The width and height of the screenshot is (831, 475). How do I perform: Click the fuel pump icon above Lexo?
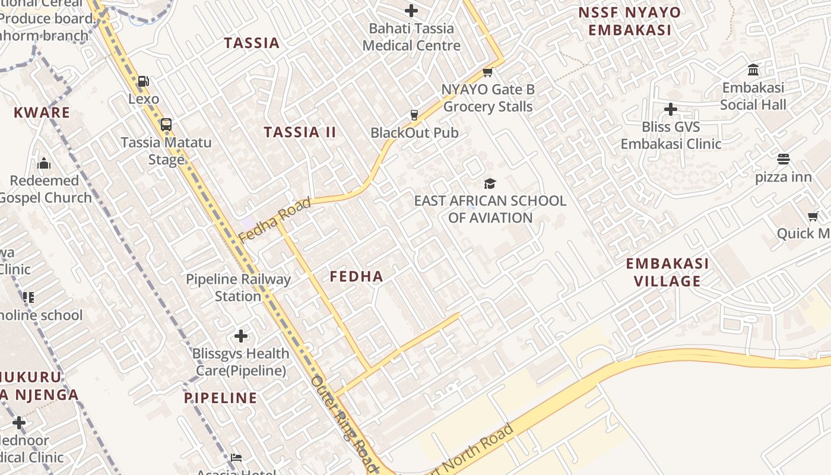pyautogui.click(x=143, y=81)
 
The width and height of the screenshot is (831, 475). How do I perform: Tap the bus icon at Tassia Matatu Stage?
pyautogui.click(x=166, y=125)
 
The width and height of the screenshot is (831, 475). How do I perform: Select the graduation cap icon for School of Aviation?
pyautogui.click(x=490, y=183)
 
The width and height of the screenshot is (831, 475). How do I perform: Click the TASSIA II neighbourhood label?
pyautogui.click(x=300, y=132)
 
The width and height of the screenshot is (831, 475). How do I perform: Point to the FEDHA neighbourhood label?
pyautogui.click(x=356, y=276)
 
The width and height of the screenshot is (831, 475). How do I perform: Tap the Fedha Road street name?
pyautogui.click(x=274, y=220)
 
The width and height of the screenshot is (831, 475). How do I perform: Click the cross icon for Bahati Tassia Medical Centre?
pyautogui.click(x=411, y=11)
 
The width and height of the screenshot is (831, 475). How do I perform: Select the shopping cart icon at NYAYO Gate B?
pyautogui.click(x=488, y=72)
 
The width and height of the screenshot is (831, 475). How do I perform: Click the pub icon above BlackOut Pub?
pyautogui.click(x=414, y=115)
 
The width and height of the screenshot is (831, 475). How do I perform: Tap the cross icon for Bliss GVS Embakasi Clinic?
pyautogui.click(x=671, y=109)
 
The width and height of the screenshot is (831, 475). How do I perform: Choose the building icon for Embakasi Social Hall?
pyautogui.click(x=754, y=70)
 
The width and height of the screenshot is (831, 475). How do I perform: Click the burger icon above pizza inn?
pyautogui.click(x=784, y=159)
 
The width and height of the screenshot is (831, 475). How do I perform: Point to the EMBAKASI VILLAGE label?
pyautogui.click(x=667, y=272)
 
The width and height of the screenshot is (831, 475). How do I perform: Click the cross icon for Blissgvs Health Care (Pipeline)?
pyautogui.click(x=240, y=336)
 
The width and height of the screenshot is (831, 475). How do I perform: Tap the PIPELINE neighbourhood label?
pyautogui.click(x=220, y=398)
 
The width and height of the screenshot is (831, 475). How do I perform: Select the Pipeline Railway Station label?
pyautogui.click(x=238, y=287)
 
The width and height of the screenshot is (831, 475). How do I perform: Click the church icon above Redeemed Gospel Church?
pyautogui.click(x=44, y=163)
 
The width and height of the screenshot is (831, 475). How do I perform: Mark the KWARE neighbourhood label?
pyautogui.click(x=42, y=112)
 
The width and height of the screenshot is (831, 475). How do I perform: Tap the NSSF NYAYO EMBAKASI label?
pyautogui.click(x=629, y=21)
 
